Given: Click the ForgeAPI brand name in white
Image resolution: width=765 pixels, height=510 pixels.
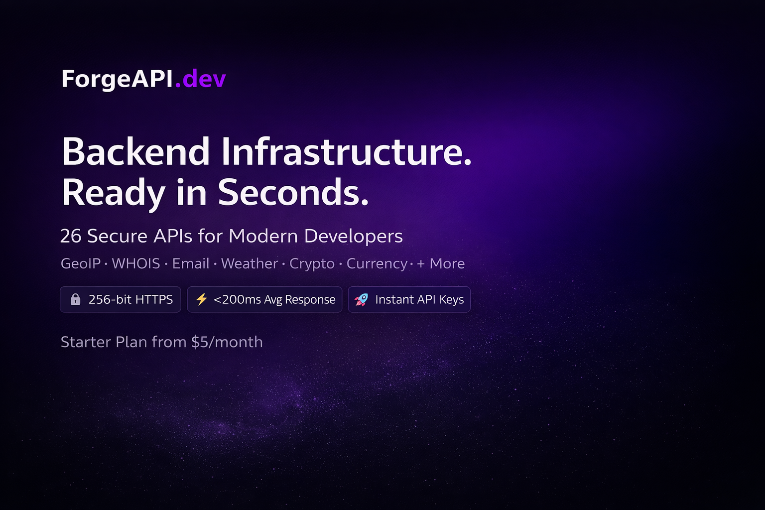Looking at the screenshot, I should [x=117, y=79].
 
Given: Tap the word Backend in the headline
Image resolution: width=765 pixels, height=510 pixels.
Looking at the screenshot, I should [x=135, y=152].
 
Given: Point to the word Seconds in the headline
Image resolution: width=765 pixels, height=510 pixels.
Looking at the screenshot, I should [x=293, y=193].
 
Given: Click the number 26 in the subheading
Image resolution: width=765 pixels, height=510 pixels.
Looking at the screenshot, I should [x=71, y=236].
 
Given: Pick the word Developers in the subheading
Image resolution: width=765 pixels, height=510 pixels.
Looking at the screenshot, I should [x=353, y=236].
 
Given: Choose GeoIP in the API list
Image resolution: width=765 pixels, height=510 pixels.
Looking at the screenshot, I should [x=81, y=263].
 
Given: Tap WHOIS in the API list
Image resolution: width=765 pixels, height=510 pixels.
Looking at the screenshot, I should [x=136, y=263].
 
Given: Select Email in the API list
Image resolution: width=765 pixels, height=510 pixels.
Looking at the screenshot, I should [x=191, y=263].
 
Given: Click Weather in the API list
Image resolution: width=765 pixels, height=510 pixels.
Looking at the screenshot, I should [x=249, y=263].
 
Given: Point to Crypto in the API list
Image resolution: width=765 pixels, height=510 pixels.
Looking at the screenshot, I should [x=312, y=263].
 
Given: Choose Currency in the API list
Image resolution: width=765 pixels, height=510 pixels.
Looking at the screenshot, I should [x=377, y=263].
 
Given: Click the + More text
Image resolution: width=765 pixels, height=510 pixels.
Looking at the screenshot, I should [x=441, y=263].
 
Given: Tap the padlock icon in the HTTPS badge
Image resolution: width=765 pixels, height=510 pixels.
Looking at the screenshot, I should [x=75, y=299].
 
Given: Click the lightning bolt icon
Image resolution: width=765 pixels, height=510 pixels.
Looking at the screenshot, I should [x=201, y=299].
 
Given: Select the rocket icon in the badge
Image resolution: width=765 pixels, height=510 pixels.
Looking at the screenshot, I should [x=361, y=299].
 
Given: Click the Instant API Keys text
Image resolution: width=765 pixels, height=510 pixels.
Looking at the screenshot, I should [x=419, y=299].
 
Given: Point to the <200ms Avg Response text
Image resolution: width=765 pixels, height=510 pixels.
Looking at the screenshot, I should [x=274, y=299].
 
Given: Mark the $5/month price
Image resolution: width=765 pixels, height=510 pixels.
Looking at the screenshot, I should [x=227, y=342].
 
